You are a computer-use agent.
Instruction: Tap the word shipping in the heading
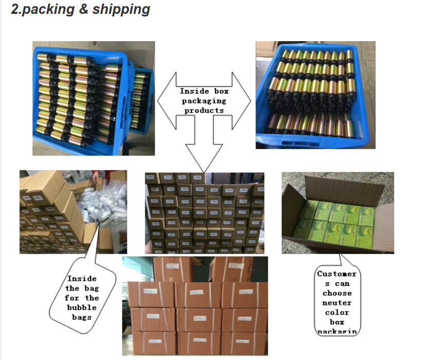[x=121, y=10]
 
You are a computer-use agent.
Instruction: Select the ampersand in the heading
[x=84, y=10]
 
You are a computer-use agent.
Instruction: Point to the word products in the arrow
[x=204, y=110]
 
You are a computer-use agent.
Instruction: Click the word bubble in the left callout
[x=82, y=308]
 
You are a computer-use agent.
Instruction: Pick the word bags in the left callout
[x=82, y=317]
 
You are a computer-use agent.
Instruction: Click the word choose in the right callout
[x=337, y=293]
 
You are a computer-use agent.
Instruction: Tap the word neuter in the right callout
[x=337, y=302]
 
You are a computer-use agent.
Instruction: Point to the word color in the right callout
[x=337, y=312]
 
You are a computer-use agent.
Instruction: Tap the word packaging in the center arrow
[x=204, y=101]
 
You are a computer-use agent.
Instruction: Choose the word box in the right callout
[x=337, y=322]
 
